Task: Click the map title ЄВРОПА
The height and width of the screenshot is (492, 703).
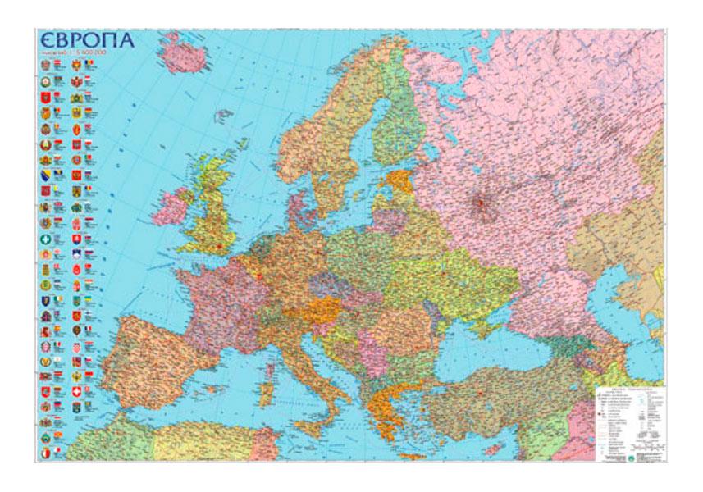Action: (86, 40)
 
